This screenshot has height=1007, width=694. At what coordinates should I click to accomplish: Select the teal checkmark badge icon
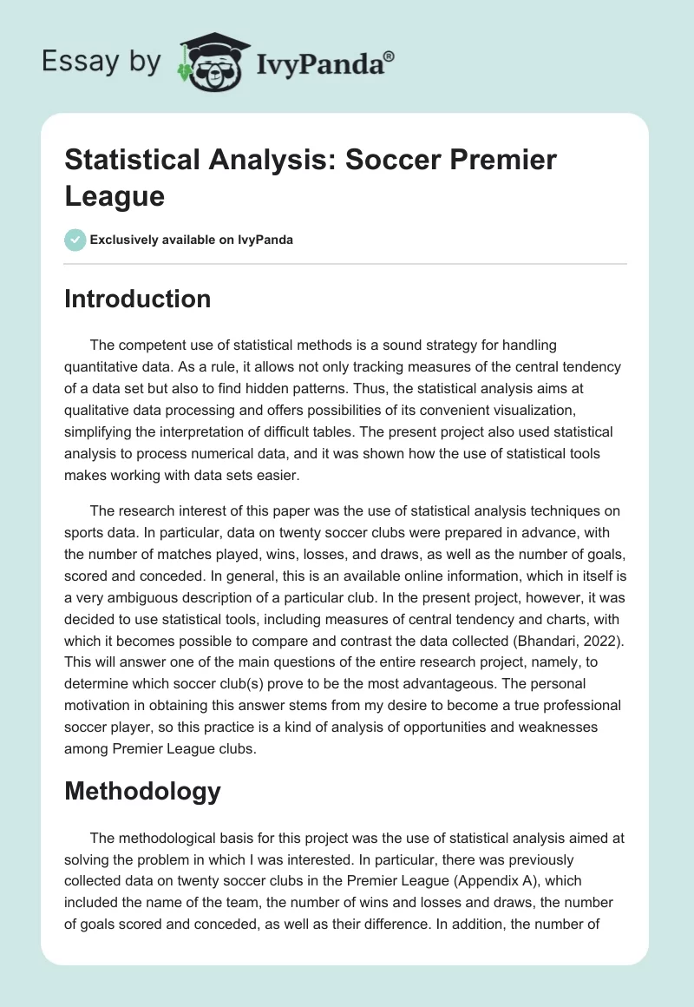coord(75,240)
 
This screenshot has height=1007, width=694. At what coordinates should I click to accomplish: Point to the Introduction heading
coord(138,299)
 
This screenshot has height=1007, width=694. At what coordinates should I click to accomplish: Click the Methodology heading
coord(143,792)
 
